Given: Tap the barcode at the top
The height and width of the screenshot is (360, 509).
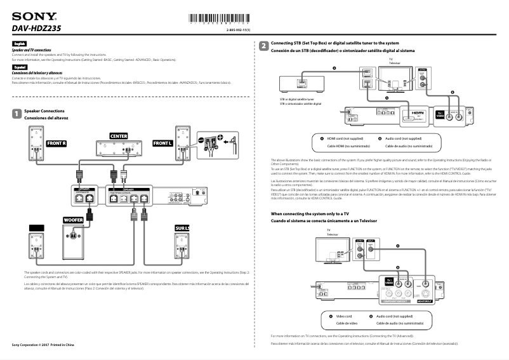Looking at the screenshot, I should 216,18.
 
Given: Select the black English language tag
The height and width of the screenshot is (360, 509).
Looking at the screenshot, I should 20,43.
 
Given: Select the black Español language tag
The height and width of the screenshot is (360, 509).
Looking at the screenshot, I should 20,66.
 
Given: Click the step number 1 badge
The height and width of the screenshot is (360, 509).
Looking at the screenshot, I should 16,114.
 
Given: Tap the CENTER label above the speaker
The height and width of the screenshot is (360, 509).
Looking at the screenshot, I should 119,137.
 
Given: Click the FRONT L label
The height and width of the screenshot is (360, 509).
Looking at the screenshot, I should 162,143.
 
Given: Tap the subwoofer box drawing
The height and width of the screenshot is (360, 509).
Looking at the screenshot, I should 75,241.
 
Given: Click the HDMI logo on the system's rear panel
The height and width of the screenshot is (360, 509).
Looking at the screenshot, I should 417,113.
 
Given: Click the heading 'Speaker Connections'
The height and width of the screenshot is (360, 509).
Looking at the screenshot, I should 44,111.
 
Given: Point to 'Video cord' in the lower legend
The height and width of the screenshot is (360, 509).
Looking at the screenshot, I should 343,316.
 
